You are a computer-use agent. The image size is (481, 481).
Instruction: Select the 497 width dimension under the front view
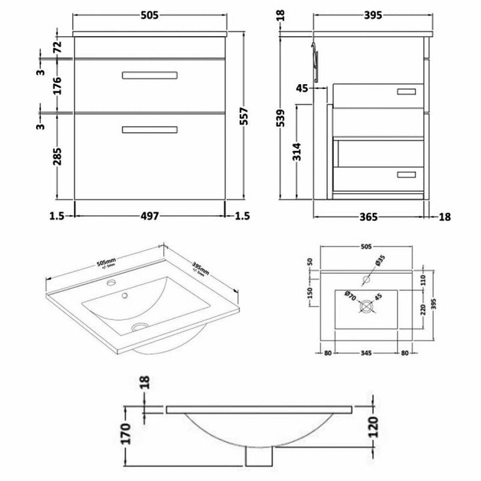pos(150,216)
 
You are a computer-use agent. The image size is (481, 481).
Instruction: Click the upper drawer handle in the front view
pos(150,75)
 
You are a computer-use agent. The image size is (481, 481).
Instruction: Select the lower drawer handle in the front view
pos(150,130)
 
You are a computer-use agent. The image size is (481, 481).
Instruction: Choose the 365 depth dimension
pos(369,216)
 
